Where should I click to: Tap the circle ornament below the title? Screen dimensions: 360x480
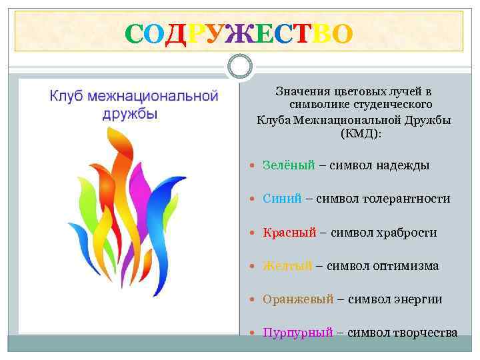[x=240, y=67]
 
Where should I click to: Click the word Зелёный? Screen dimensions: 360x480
[x=288, y=165]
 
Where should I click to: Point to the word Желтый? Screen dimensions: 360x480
[x=287, y=266]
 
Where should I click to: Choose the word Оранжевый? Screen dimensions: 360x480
[x=297, y=300]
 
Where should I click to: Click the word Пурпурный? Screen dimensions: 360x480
[x=297, y=333]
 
